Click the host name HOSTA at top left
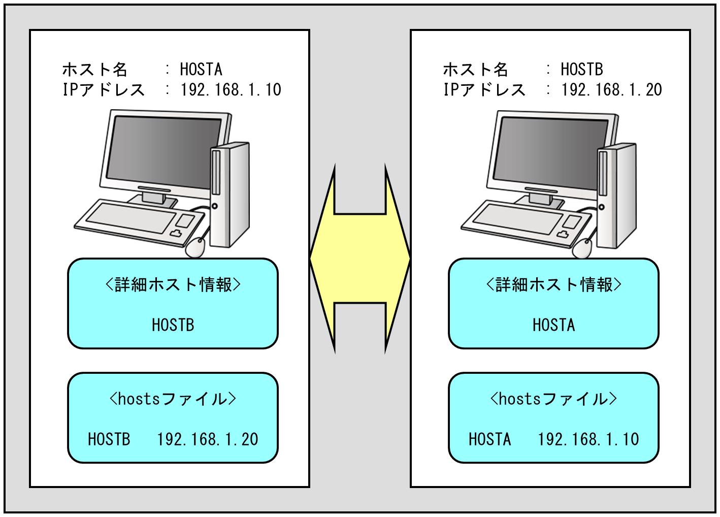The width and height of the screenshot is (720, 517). tap(201, 69)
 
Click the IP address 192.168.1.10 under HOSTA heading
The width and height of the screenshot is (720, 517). tap(231, 90)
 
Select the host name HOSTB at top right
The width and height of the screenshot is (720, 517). tap(582, 69)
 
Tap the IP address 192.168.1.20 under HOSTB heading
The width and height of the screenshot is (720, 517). tap(611, 90)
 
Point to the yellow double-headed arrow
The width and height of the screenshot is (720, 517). tap(359, 258)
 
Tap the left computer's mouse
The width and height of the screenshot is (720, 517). tap(196, 247)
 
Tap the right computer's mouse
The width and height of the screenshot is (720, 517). tap(582, 248)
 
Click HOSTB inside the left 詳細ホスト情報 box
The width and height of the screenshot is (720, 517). tap(173, 325)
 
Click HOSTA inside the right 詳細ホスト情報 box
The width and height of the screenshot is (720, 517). tap(553, 325)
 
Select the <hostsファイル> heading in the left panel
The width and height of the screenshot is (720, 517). tap(173, 399)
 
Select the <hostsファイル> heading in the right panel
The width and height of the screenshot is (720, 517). tap(553, 399)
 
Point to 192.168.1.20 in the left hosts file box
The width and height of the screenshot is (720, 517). tap(208, 439)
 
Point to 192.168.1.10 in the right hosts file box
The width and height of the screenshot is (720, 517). tap(588, 439)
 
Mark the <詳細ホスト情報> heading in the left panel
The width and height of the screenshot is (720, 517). tap(173, 285)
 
